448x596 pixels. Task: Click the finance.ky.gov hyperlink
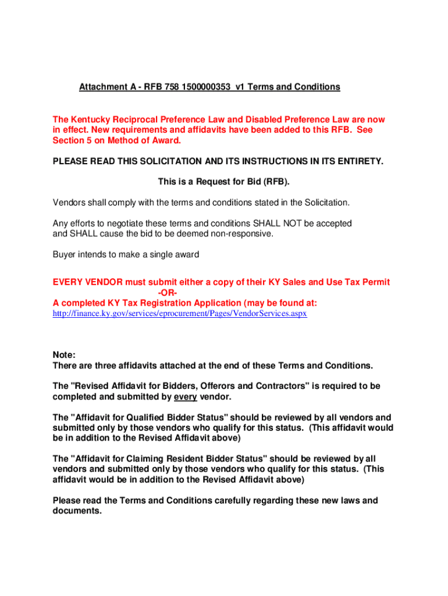(180, 313)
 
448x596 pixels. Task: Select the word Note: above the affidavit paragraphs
(64, 355)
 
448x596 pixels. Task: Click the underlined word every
(185, 396)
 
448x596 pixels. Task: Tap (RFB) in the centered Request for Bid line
(275, 182)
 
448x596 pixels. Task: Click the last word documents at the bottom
(77, 511)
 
